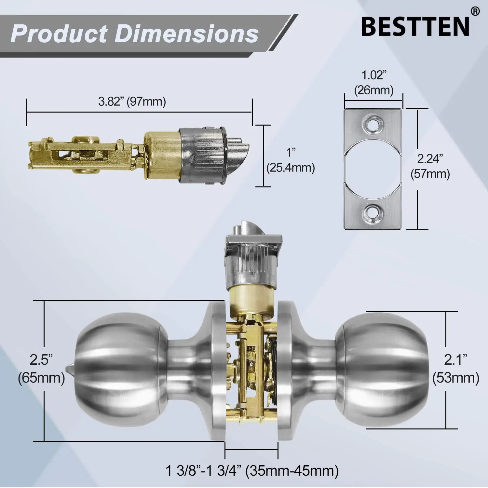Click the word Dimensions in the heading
(187, 34)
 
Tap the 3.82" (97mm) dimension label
(132, 102)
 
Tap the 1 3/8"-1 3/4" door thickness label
(252, 471)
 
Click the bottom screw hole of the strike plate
(373, 214)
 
